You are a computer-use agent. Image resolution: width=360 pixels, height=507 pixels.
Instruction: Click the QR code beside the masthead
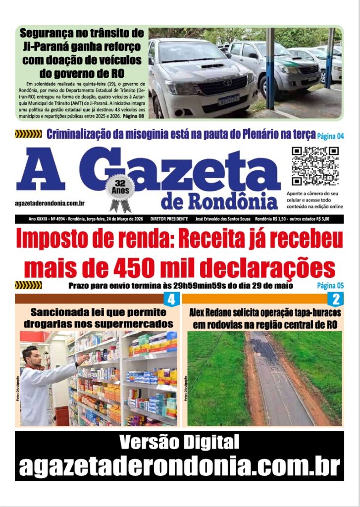click(315, 166)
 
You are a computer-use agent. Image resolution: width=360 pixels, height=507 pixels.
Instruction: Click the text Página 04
click(330, 135)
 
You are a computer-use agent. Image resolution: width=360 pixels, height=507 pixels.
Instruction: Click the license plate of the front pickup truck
click(229, 100)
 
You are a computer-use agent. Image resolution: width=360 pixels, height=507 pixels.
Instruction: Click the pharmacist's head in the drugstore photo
click(31, 355)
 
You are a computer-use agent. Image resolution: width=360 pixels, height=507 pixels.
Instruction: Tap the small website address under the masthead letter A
click(50, 203)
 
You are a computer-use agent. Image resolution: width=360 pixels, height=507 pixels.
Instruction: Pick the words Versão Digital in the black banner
click(179, 441)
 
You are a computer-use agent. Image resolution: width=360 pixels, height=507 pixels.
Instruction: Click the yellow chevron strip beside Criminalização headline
click(28, 134)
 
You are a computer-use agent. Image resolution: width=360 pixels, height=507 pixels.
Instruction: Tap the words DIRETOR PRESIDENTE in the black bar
click(169, 219)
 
